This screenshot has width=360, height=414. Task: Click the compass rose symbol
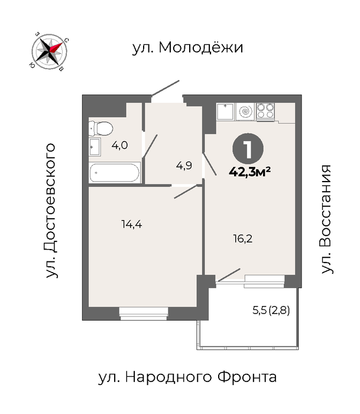click(49, 51)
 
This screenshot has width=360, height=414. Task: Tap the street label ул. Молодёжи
click(187, 48)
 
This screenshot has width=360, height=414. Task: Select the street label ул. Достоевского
click(51, 211)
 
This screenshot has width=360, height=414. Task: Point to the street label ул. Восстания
click(326, 219)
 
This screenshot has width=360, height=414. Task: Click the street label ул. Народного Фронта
click(187, 377)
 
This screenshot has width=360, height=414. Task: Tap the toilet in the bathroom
click(100, 128)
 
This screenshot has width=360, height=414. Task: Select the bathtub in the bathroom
click(115, 173)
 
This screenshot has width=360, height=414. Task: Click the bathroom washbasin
click(95, 147)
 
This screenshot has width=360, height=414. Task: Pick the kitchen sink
click(225, 112)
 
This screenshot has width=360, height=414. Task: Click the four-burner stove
click(265, 111)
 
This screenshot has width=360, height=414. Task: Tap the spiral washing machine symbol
click(245, 112)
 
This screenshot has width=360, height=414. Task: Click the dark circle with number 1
click(248, 149)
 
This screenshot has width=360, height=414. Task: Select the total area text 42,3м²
click(249, 172)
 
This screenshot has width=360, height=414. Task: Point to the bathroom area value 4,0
click(119, 145)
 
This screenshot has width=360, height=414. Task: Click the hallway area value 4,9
click(184, 166)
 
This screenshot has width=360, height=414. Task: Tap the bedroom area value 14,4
click(132, 224)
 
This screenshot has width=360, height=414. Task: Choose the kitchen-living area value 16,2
click(243, 239)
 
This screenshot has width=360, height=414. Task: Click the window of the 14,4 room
click(144, 313)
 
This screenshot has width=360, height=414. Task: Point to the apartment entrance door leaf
click(166, 88)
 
